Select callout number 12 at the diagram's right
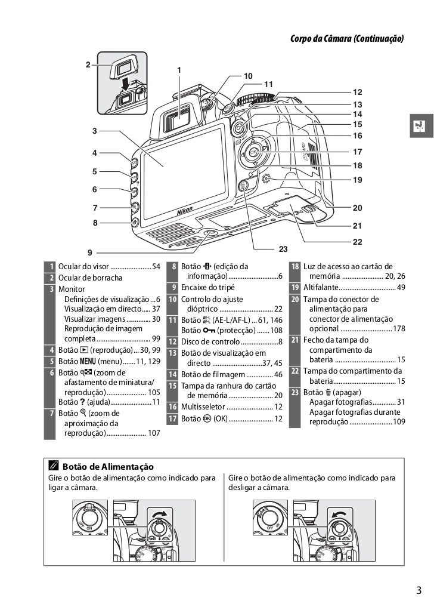coord(357,93)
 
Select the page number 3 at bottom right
coord(418,592)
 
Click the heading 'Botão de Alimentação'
coord(108,466)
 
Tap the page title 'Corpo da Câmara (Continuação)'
coord(346,39)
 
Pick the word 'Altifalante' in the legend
coord(322,288)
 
